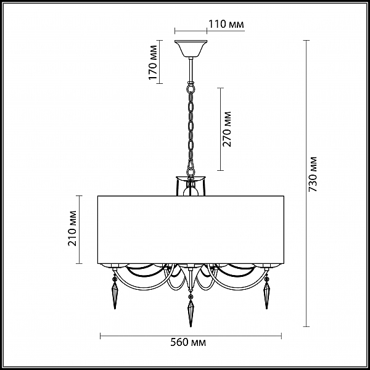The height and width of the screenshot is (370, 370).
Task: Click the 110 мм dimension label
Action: tap(226, 24)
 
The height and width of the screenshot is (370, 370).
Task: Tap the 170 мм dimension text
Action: tap(153, 62)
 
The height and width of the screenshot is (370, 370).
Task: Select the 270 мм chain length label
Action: tap(227, 129)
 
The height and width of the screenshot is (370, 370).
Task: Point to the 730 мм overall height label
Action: tap(313, 174)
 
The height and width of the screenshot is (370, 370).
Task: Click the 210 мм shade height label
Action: tap(72, 228)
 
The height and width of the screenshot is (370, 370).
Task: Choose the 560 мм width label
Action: tap(188, 342)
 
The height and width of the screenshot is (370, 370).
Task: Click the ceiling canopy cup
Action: tap(191, 49)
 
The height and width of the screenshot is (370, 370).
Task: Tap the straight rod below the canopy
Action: tap(191, 70)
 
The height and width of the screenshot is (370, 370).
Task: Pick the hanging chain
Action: tap(191, 129)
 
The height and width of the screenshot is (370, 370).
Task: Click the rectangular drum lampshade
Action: tap(191, 229)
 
